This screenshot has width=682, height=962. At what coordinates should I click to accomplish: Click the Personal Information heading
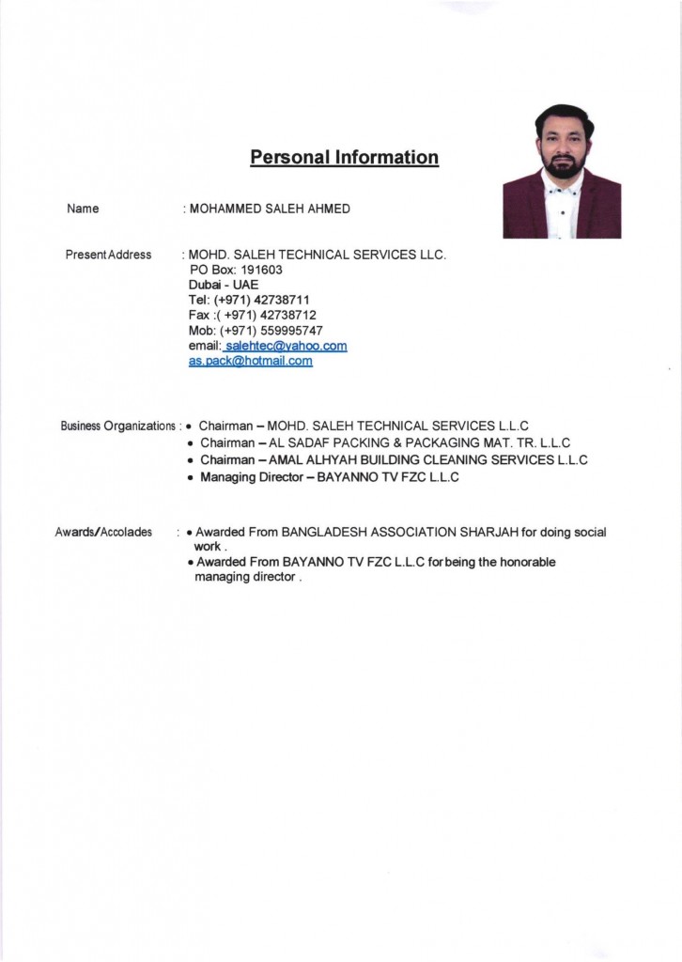(x=344, y=157)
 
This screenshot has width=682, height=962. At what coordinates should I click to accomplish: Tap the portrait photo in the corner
(x=562, y=171)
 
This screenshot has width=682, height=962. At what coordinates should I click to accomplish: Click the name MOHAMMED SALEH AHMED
(x=271, y=209)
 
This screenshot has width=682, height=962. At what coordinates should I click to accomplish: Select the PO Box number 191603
(x=256, y=270)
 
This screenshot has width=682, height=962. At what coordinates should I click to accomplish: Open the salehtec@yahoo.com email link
(x=287, y=346)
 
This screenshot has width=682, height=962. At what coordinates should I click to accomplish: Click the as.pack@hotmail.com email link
(x=251, y=361)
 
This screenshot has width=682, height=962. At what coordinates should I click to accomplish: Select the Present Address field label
(x=108, y=255)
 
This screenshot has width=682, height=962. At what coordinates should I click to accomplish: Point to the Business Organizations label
(x=118, y=426)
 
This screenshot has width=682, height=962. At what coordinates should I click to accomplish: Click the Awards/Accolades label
(x=103, y=532)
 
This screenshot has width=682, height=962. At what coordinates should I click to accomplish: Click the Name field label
(x=84, y=209)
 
